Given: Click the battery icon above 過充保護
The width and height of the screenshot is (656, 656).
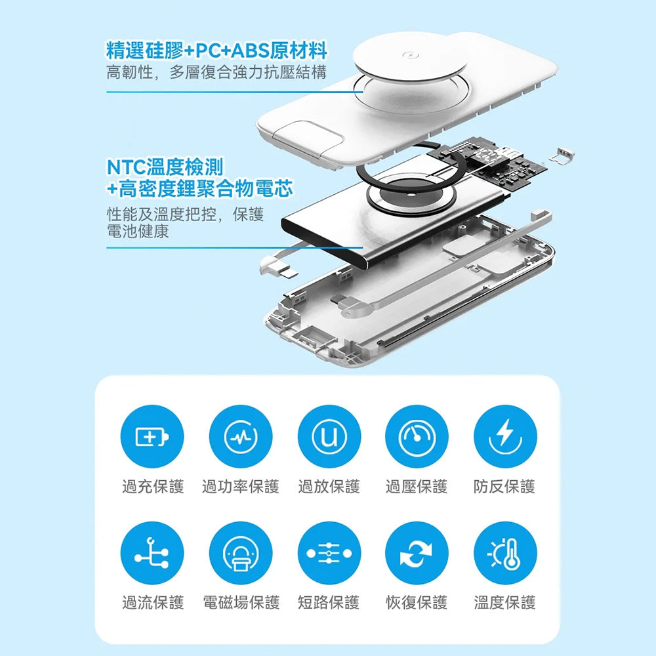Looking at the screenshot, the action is (x=152, y=436).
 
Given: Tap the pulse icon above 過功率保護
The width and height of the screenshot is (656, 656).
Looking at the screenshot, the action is (x=241, y=436).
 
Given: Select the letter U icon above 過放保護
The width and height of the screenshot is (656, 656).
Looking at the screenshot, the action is (x=329, y=436).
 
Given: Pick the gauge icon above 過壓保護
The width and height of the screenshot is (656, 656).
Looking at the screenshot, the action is (x=417, y=436).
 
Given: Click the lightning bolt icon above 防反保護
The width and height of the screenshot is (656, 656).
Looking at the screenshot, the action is (x=505, y=436).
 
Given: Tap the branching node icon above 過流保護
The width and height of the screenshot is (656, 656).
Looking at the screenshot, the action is (x=152, y=553).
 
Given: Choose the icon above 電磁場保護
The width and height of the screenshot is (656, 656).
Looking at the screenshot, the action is (x=241, y=553).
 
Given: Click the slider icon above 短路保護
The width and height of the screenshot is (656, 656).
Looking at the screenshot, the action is (x=329, y=553).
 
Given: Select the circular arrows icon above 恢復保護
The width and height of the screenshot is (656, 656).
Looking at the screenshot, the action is (x=417, y=553).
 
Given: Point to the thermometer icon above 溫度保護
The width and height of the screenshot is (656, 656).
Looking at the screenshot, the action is (x=505, y=553).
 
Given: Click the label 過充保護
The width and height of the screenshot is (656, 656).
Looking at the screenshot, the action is (x=153, y=487).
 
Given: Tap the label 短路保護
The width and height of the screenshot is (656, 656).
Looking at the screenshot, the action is (x=329, y=603).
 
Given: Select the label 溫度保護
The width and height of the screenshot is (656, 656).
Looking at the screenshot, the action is (x=505, y=603).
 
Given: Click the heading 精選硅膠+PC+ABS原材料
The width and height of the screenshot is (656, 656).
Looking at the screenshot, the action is (x=216, y=51).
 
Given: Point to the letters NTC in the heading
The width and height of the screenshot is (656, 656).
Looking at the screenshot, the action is (x=127, y=167).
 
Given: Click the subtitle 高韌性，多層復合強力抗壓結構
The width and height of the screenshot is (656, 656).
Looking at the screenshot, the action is (x=216, y=73).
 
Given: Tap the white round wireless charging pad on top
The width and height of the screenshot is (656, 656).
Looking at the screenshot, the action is (x=411, y=58).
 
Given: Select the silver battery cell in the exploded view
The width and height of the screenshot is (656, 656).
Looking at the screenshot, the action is (x=396, y=218).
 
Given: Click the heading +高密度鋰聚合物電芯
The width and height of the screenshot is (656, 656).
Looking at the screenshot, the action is (x=200, y=189).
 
